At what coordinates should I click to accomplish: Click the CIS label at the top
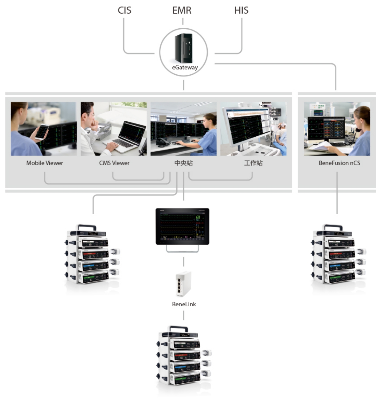click(124, 10)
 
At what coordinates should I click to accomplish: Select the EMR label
click(182, 10)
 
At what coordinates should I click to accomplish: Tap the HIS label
click(241, 10)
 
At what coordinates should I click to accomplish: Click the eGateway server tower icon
click(184, 48)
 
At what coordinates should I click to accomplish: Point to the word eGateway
click(185, 67)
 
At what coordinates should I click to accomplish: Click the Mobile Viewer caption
click(45, 163)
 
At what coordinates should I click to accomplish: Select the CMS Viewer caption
click(114, 163)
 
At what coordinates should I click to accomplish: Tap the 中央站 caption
click(183, 163)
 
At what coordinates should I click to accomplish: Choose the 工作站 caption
click(253, 163)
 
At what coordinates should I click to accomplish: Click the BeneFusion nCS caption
click(339, 163)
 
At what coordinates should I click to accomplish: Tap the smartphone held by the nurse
click(42, 132)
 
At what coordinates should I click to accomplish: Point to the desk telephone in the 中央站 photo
click(162, 142)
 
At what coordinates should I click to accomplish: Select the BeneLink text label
click(184, 304)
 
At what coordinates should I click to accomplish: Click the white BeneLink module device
click(183, 284)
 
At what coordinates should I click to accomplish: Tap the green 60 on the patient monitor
click(198, 217)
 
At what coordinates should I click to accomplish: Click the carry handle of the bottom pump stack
click(178, 328)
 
